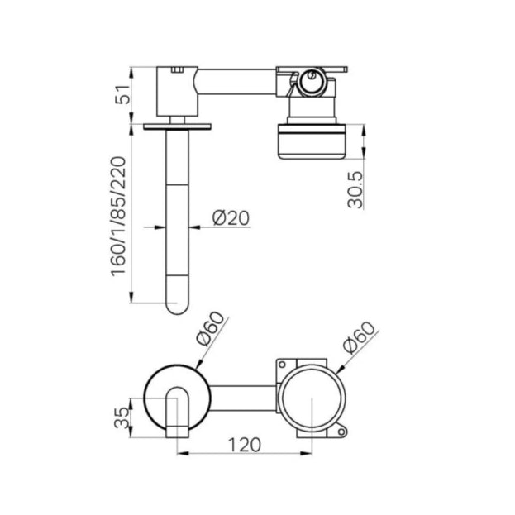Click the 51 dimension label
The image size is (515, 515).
point(123,94)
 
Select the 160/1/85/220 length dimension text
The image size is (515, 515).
point(118,217)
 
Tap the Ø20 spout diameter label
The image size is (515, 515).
point(231,217)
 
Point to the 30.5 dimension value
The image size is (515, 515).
point(355,190)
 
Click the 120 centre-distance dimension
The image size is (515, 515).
point(245,445)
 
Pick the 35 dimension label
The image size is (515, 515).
point(122,417)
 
